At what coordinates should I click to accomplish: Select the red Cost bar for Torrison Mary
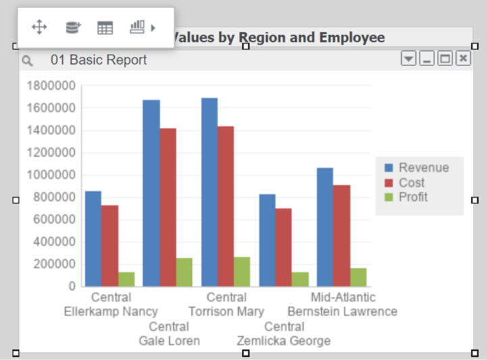pyautogui.click(x=226, y=206)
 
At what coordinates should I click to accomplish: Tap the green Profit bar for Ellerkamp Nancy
pyautogui.click(x=126, y=279)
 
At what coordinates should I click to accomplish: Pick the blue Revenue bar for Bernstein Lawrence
pyautogui.click(x=325, y=226)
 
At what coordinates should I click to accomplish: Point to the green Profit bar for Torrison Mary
pyautogui.click(x=242, y=271)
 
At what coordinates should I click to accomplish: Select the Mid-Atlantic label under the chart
pyautogui.click(x=343, y=297)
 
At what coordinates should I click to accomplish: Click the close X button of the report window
pyautogui.click(x=463, y=59)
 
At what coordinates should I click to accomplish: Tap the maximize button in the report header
pyautogui.click(x=444, y=59)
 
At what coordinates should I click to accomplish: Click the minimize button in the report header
pyautogui.click(x=427, y=59)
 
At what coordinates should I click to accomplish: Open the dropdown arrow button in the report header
pyautogui.click(x=409, y=59)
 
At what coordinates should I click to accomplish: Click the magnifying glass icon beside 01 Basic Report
pyautogui.click(x=27, y=61)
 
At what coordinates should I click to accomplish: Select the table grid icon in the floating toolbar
pyautogui.click(x=105, y=28)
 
